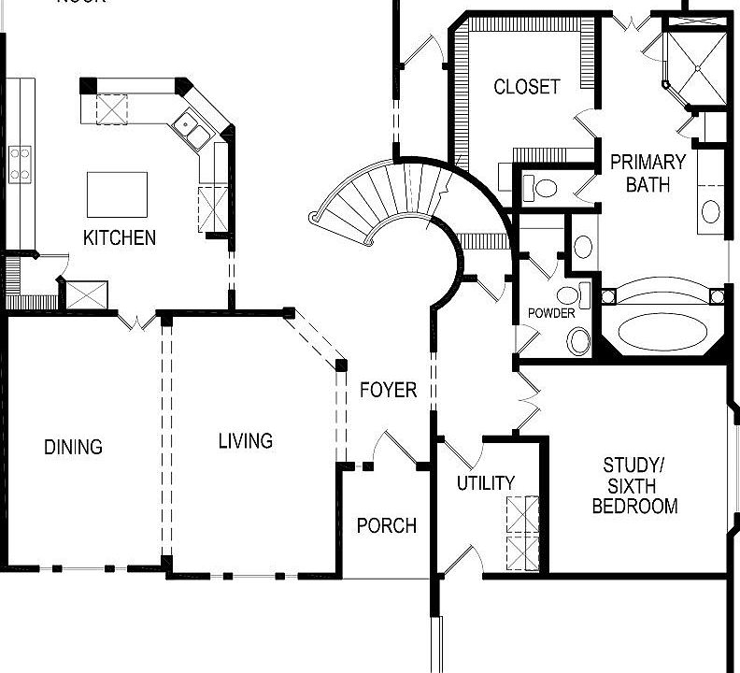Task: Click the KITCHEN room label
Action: (x=120, y=237)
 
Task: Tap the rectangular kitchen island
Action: (x=117, y=194)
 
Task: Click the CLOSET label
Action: (x=527, y=87)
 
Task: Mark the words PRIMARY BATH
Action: (x=647, y=173)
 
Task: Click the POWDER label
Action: (x=551, y=313)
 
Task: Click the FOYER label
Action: (x=388, y=390)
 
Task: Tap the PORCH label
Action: (x=386, y=525)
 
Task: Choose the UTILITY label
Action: (x=485, y=483)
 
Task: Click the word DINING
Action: (x=73, y=447)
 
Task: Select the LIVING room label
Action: (x=246, y=440)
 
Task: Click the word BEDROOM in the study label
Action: (x=634, y=507)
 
